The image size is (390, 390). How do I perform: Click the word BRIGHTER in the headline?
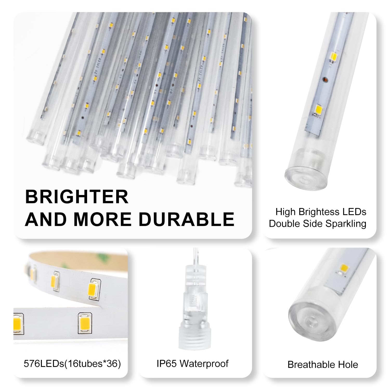pos(77,197)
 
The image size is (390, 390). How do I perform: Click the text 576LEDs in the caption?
pos(44,363)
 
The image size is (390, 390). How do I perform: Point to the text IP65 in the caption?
pos(167,363)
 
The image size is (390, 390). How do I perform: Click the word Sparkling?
pos(346,224)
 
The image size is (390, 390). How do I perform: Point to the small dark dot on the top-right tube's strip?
pos(324,80)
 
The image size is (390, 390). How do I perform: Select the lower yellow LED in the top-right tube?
pos(320,109)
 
